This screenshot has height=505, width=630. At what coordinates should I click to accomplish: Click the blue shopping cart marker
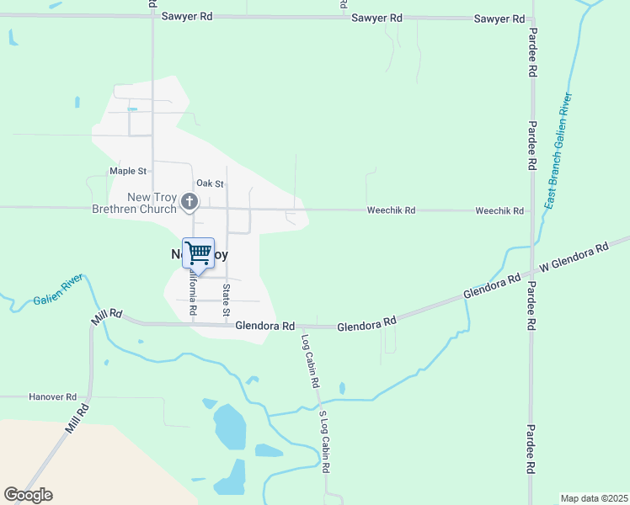tap(198, 252)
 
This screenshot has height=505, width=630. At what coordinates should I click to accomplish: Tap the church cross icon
tap(190, 201)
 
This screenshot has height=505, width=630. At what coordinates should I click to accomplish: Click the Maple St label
tap(128, 171)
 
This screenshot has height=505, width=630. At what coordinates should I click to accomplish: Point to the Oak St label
tap(210, 183)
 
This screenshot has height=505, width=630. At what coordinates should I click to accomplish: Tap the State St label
tap(227, 301)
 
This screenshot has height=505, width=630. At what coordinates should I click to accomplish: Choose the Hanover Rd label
tap(52, 396)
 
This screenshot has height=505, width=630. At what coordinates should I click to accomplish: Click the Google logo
tap(28, 495)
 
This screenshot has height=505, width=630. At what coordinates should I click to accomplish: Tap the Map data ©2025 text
tap(593, 498)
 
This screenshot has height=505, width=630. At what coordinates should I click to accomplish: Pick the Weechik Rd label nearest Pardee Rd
tap(499, 211)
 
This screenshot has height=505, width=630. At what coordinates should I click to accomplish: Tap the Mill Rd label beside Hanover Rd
tap(77, 422)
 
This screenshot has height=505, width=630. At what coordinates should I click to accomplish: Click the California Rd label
tap(193, 295)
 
